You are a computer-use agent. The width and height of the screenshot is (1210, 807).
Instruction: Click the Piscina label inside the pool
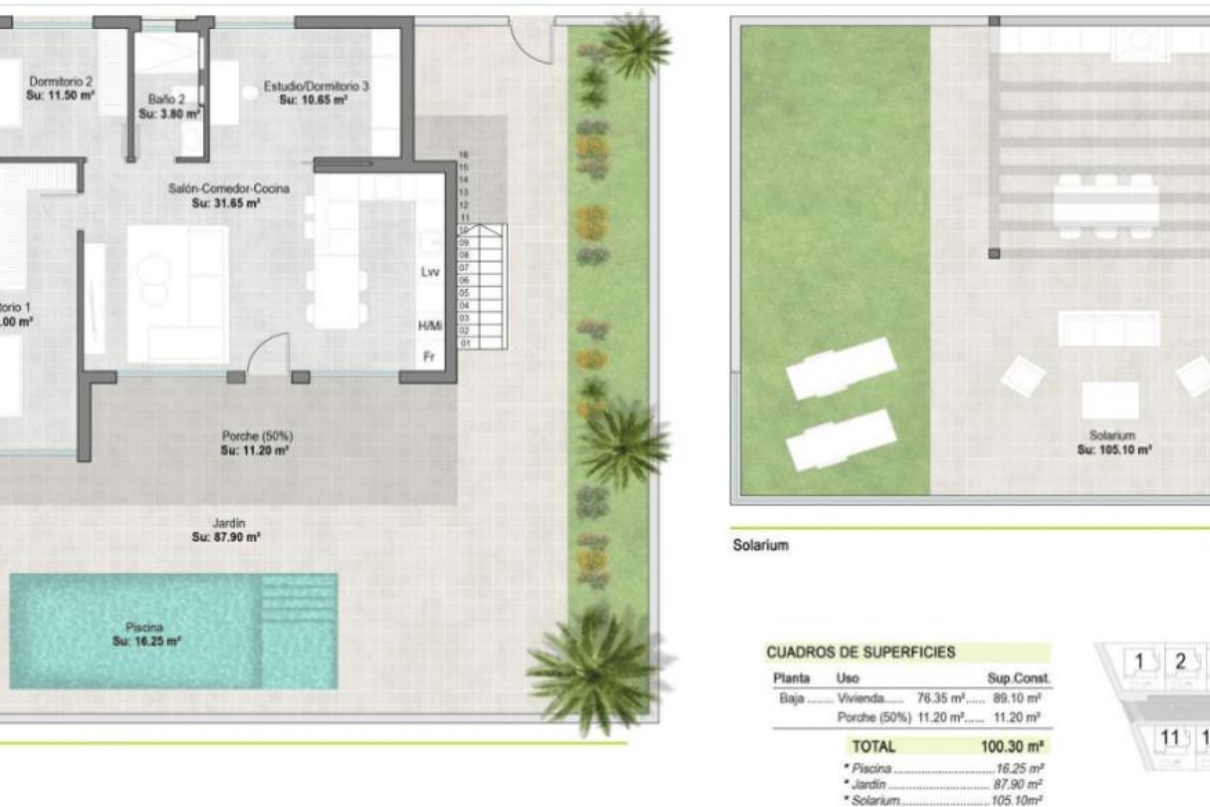click(144, 627)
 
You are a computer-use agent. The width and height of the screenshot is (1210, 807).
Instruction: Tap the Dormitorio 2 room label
click(61, 81)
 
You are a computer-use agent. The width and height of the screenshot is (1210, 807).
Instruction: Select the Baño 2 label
click(166, 100)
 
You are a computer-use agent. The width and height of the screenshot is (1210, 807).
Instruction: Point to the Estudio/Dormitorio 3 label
click(316, 86)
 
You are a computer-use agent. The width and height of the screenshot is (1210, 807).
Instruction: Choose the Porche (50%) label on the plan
click(257, 436)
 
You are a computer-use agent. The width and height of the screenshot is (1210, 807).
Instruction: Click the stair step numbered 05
click(464, 293)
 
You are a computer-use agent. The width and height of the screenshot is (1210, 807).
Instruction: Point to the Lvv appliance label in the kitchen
click(430, 272)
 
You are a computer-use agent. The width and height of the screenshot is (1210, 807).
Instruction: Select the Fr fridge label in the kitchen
click(429, 357)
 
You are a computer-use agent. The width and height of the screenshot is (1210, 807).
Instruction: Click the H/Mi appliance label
click(430, 326)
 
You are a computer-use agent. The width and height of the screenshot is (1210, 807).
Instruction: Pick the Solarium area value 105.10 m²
click(1114, 450)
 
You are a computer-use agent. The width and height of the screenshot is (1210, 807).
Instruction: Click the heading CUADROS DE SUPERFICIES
click(860, 653)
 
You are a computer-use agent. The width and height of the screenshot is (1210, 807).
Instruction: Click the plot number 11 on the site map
click(1170, 737)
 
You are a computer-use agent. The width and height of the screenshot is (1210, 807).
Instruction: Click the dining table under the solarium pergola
click(1106, 205)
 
